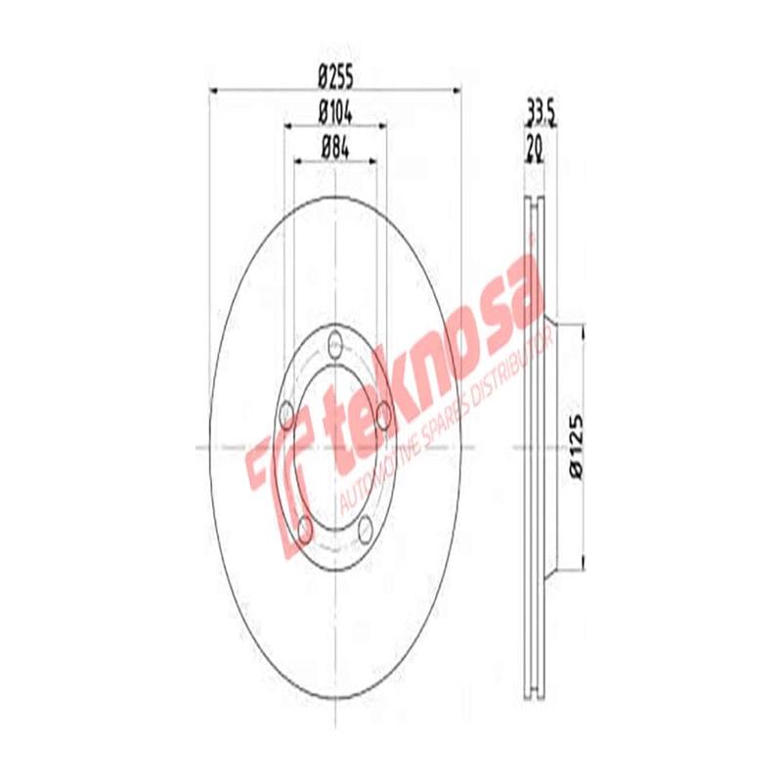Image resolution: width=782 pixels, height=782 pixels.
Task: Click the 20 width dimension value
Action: pos(535,149)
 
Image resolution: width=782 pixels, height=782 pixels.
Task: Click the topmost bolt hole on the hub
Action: pos(336,344)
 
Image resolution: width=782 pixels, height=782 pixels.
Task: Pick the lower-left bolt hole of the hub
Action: pos(304,528)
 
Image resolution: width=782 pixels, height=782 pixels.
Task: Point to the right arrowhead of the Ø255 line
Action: pos(455,91)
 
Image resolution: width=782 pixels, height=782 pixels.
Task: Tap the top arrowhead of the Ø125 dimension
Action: pos(584,328)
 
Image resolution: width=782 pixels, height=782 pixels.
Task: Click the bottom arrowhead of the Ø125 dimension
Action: pos(584,564)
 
